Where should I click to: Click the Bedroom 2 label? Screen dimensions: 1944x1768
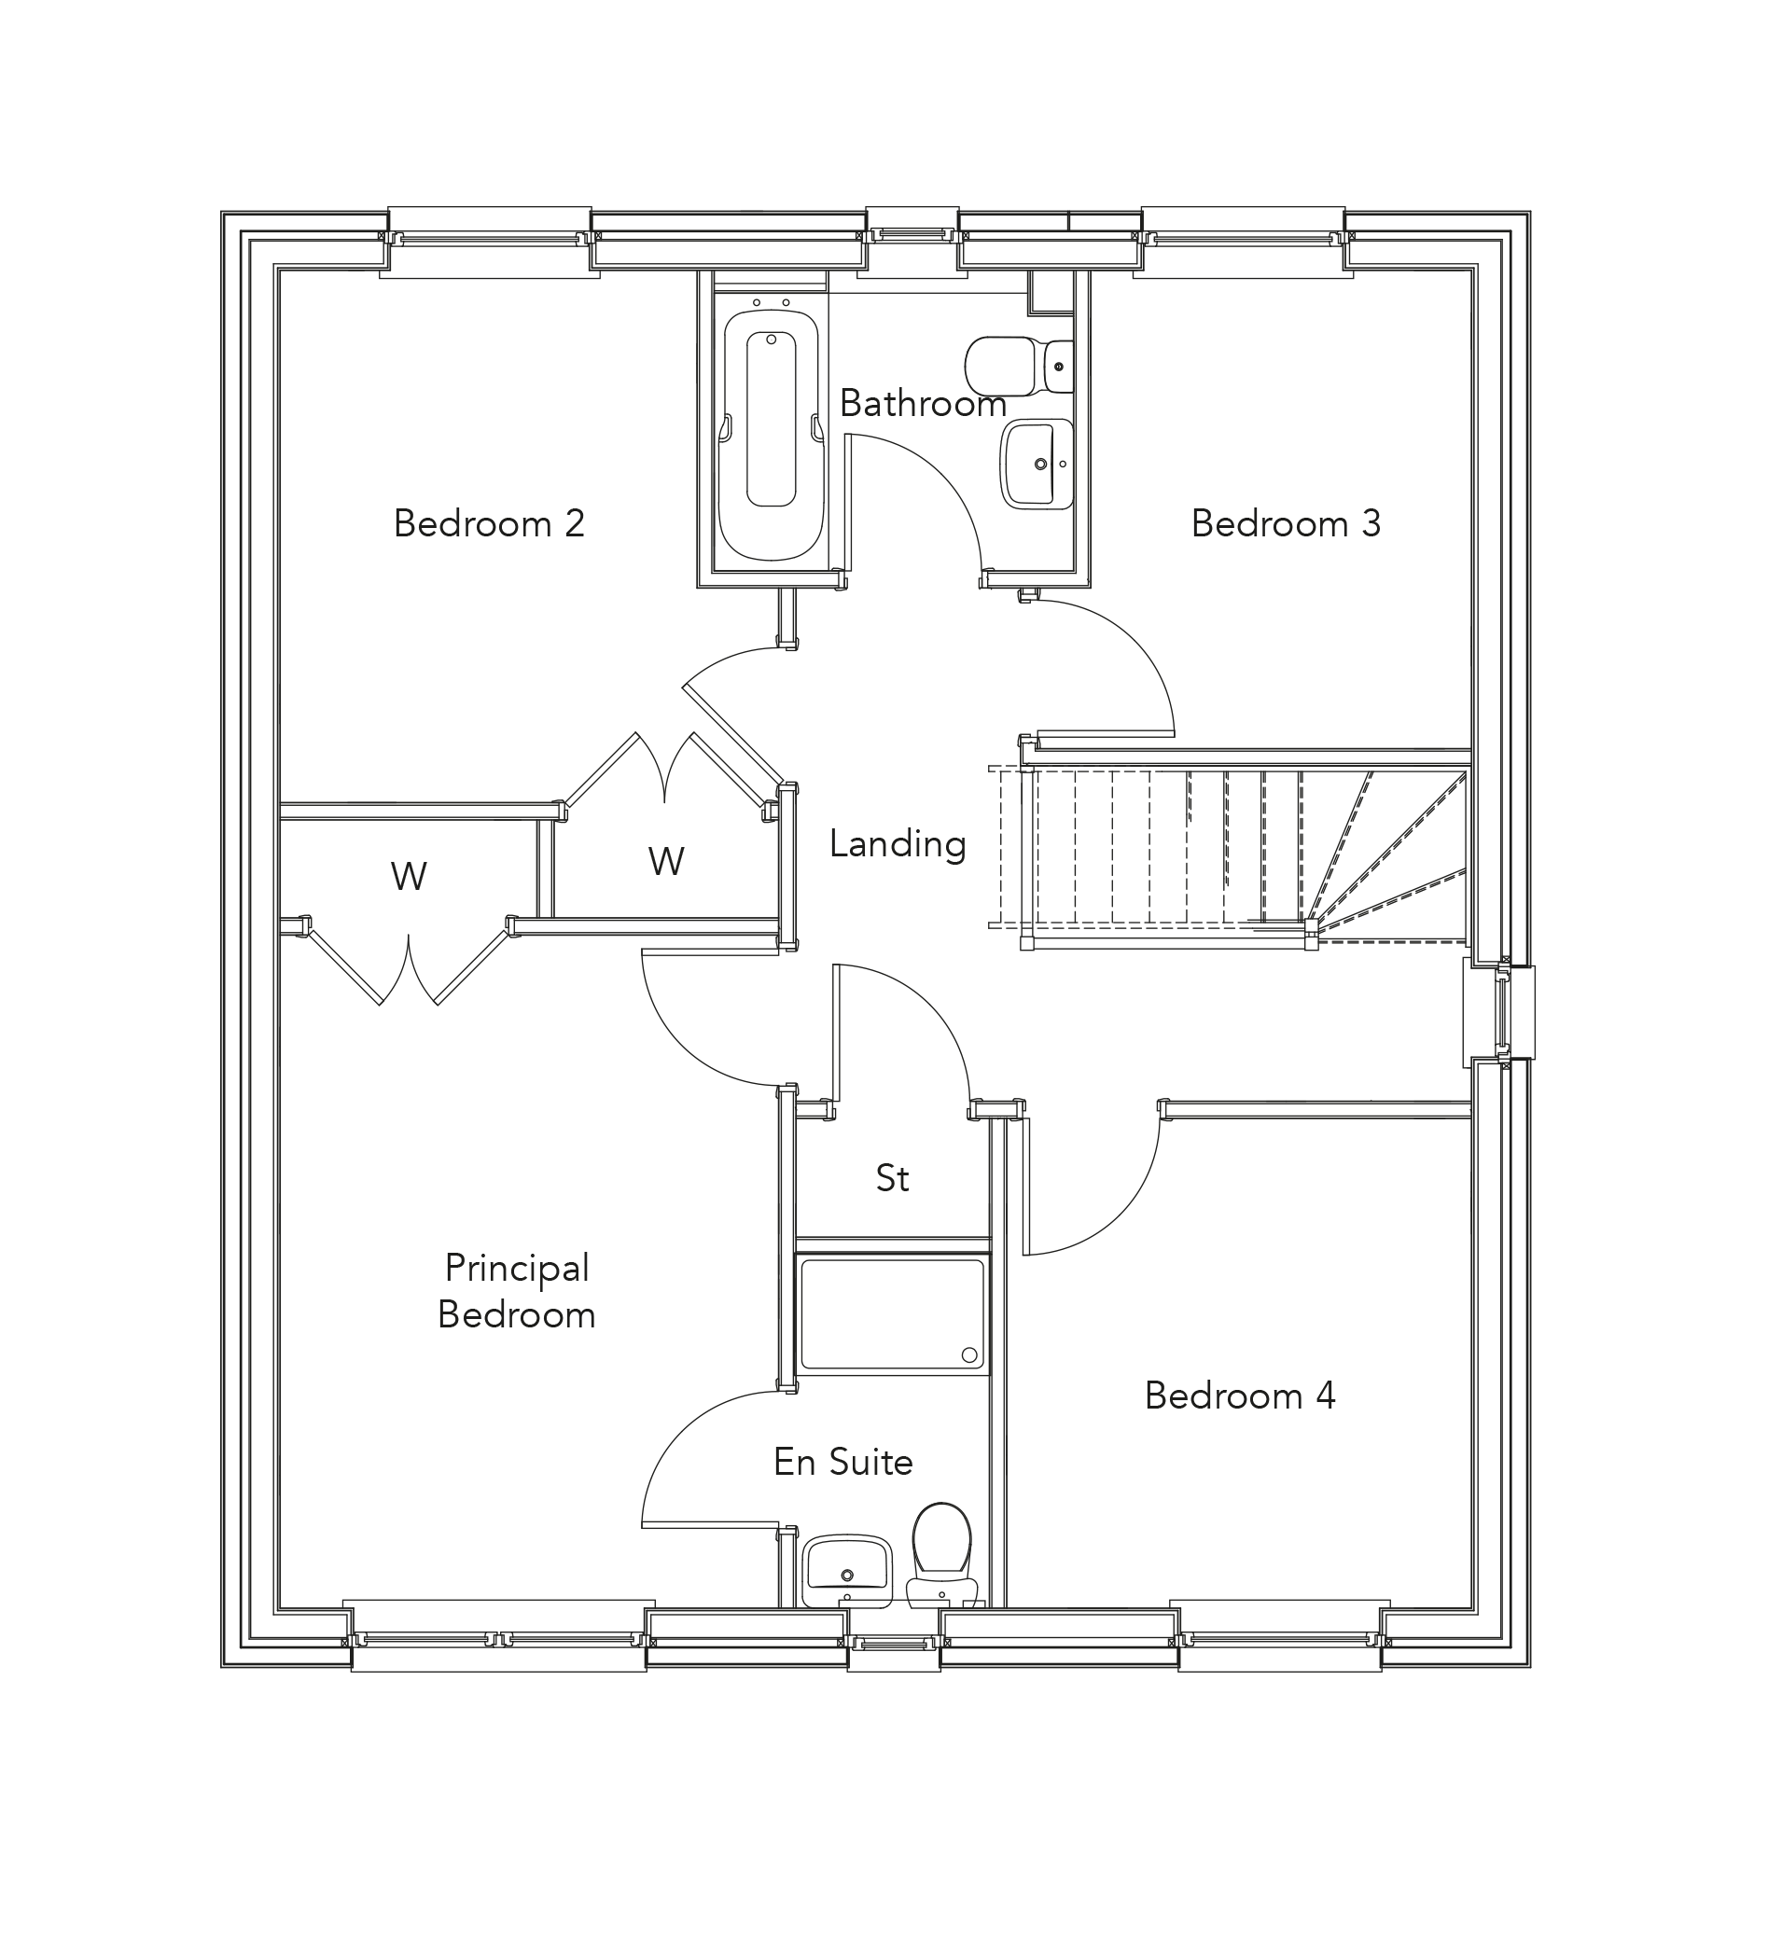(x=489, y=523)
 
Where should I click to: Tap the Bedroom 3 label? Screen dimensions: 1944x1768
(x=1285, y=523)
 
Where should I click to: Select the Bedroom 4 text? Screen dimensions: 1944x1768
(x=1239, y=1396)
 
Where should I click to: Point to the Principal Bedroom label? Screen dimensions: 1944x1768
(x=516, y=1291)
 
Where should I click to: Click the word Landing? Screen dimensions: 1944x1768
(x=897, y=844)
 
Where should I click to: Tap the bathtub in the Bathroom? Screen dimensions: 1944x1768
(x=771, y=434)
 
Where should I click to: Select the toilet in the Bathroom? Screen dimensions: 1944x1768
(x=1018, y=366)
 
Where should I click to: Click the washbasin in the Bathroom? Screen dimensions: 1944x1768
(x=1037, y=464)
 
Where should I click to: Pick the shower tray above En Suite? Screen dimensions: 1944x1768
(x=891, y=1312)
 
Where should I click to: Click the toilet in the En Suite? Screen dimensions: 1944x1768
(x=941, y=1548)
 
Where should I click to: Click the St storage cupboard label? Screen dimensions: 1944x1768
(x=892, y=1177)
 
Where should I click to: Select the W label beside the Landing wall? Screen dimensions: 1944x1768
(x=665, y=861)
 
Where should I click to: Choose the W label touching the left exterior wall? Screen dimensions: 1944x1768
(x=408, y=876)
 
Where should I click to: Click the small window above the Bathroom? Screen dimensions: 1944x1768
(x=912, y=233)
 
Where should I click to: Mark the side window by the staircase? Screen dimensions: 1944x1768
(x=1501, y=1012)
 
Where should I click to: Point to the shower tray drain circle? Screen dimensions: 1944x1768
(x=968, y=1354)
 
